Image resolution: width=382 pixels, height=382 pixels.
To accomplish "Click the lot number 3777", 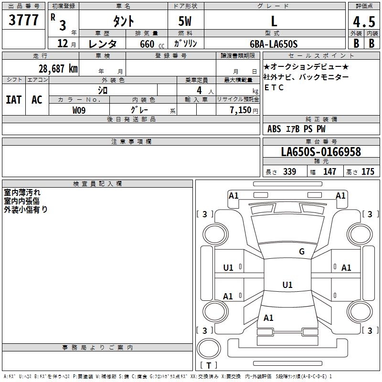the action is point(23,20).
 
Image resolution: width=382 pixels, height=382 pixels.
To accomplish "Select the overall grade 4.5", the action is point(364,21).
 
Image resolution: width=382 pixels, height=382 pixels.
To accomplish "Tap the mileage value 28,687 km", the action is point(58,69).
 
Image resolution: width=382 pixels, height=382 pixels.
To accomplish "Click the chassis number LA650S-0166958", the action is point(321,151).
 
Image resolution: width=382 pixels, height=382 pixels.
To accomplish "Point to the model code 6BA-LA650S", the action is point(274,44).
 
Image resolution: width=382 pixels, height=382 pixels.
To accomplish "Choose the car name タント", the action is point(124,21).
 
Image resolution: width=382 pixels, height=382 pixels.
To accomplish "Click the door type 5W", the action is point(185,21).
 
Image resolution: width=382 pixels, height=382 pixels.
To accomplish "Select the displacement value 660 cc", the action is point(152,44).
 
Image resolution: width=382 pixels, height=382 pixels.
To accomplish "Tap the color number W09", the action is point(79,110).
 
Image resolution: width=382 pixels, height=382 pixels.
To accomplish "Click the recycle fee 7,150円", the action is point(244,110).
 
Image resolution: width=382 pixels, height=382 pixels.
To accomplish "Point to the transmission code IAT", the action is point(13,100).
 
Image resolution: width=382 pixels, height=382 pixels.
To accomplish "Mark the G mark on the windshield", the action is point(302,251).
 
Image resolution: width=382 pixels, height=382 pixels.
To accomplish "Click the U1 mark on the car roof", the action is point(287,285).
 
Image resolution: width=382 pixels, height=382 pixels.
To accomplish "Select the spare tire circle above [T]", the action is point(209,349).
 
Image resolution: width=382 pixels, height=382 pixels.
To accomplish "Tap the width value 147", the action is point(329,171).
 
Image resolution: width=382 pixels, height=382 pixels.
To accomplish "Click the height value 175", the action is point(368,171).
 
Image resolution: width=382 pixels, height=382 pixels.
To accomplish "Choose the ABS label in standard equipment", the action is point(274,129).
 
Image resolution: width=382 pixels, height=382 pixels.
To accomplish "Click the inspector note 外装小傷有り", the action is point(26,209).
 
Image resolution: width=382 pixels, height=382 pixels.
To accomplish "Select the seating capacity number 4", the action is point(199,90).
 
